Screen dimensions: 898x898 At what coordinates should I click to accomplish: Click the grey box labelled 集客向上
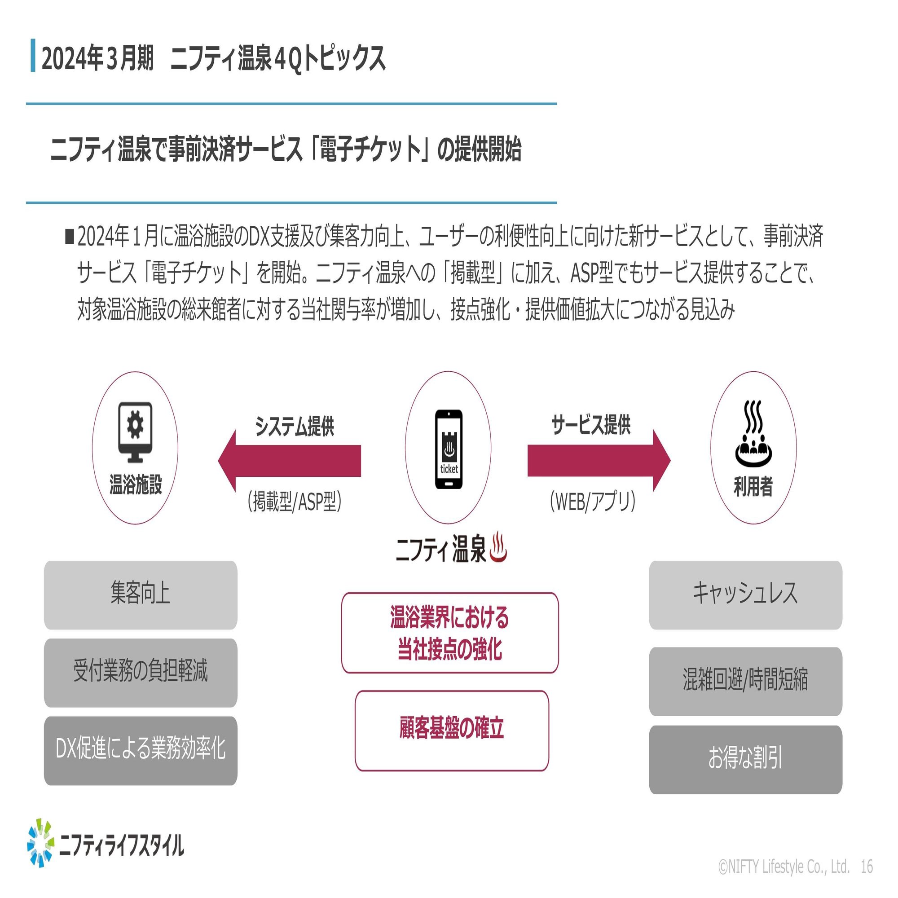pyautogui.click(x=141, y=595)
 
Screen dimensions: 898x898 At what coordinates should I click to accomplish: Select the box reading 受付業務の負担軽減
pyautogui.click(x=141, y=673)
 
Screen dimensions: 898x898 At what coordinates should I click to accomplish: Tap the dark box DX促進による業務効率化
pyautogui.click(x=141, y=751)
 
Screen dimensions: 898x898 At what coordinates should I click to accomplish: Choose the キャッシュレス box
pyautogui.click(x=745, y=595)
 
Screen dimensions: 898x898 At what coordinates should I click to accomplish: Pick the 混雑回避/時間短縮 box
pyautogui.click(x=745, y=682)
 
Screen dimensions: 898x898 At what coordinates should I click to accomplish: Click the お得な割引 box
pyautogui.click(x=745, y=760)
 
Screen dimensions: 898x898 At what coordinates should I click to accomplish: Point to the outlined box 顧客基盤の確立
pyautogui.click(x=452, y=731)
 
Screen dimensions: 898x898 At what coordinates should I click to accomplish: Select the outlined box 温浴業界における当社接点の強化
pyautogui.click(x=450, y=633)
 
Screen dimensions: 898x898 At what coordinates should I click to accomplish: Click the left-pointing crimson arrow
pyautogui.click(x=290, y=461)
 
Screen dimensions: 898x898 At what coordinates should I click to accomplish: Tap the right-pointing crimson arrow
pyautogui.click(x=599, y=461)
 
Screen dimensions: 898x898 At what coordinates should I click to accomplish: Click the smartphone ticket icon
pyautogui.click(x=449, y=449)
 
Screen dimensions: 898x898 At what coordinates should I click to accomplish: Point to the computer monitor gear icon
pyautogui.click(x=135, y=432)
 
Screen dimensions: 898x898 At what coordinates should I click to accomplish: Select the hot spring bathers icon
pyautogui.click(x=753, y=434)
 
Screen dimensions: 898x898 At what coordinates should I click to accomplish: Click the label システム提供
pyautogui.click(x=295, y=426)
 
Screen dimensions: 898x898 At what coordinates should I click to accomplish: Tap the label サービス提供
pyautogui.click(x=591, y=425)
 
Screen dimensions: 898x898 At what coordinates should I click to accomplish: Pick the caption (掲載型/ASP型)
pyautogui.click(x=295, y=502)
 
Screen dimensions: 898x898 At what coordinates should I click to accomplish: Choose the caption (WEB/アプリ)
pyautogui.click(x=592, y=502)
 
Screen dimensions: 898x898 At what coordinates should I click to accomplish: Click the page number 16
pyautogui.click(x=867, y=867)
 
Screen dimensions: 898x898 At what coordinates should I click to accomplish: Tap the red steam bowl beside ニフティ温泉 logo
pyautogui.click(x=498, y=546)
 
